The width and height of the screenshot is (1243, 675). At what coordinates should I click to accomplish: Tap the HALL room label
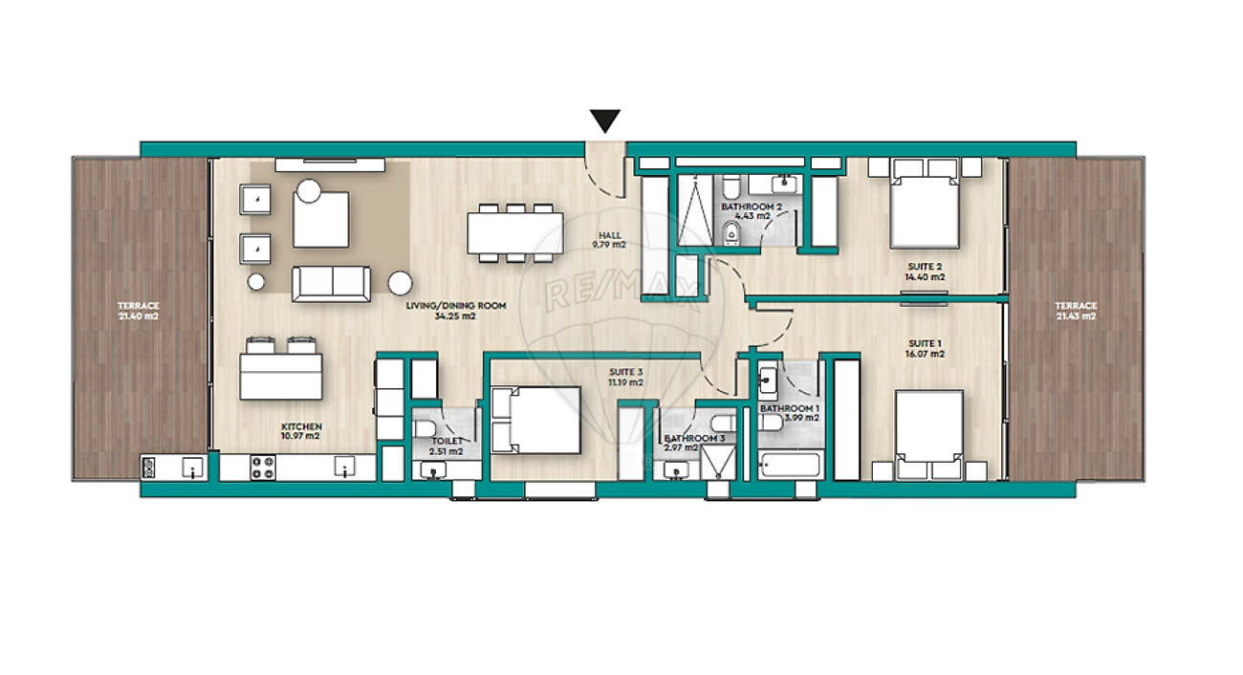(609, 235)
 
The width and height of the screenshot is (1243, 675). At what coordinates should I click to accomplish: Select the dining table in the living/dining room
(515, 233)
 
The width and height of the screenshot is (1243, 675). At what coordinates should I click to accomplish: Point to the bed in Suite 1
(928, 435)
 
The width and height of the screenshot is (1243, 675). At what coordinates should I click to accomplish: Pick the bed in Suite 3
(536, 421)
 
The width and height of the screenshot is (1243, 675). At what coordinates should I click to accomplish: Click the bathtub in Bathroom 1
(789, 466)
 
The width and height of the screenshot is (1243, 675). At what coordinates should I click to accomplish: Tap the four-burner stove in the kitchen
(263, 468)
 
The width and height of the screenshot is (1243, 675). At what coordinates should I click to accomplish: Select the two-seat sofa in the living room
(331, 284)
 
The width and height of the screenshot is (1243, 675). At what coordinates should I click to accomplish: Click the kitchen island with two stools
(281, 369)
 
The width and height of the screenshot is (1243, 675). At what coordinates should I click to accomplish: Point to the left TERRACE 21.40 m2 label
(139, 311)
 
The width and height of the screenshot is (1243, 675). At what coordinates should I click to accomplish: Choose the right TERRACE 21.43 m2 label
(1076, 311)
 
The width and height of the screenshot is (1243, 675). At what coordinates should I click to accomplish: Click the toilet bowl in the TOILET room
(426, 428)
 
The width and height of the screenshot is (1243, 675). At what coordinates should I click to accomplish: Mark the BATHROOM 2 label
(752, 207)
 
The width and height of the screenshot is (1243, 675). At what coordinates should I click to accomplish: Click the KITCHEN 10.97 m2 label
(301, 431)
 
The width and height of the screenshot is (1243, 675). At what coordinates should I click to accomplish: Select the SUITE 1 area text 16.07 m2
(925, 354)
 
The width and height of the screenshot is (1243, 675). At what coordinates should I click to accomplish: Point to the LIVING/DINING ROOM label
(456, 305)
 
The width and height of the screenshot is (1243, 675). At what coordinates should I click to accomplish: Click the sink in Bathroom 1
(768, 381)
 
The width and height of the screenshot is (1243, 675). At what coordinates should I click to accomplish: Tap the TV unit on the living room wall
(330, 164)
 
